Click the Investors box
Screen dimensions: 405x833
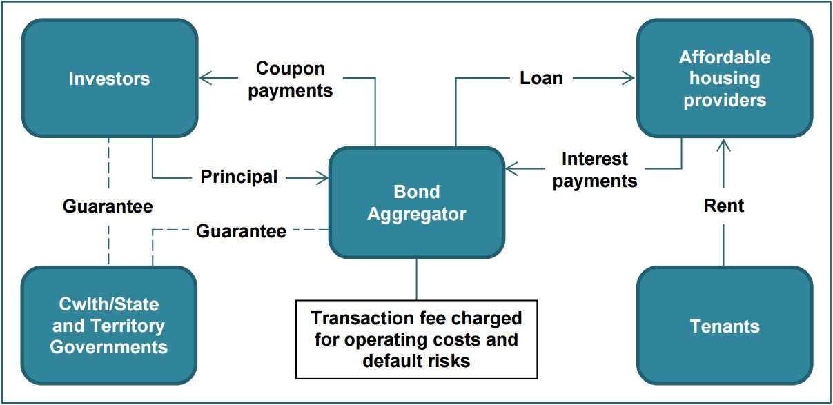coord(110,78)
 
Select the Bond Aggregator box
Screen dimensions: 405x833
coord(416,202)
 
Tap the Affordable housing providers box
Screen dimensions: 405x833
coord(724,78)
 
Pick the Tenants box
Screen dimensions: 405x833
coord(724,326)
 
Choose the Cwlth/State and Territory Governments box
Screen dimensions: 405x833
coord(109,326)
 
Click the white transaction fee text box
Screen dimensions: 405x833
coord(416,339)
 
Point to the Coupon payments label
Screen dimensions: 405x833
coord(291,79)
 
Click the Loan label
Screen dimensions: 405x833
coord(541,78)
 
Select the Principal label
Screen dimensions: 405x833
coord(239,177)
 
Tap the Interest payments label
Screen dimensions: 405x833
coord(595,170)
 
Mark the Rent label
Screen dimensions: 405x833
coord(724,206)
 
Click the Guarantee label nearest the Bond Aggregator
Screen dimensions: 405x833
coord(241,231)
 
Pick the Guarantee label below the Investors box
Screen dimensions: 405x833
coord(108,206)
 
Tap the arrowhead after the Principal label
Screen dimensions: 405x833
coord(322,177)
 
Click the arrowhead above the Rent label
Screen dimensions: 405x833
coord(724,145)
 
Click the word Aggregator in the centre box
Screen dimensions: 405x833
coord(416,214)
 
